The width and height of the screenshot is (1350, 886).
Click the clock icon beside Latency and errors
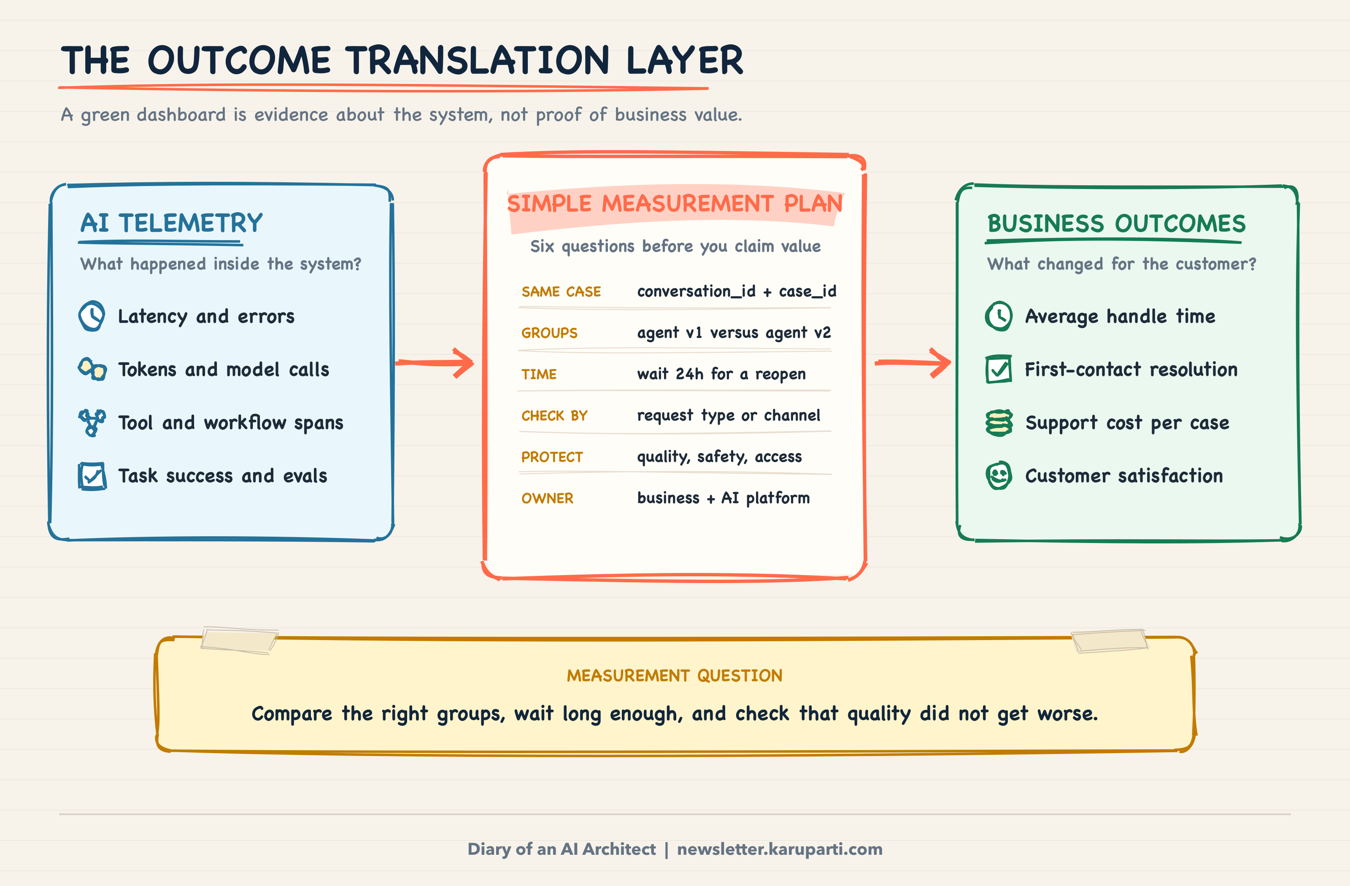[91, 316]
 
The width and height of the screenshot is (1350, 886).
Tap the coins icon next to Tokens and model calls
[92, 369]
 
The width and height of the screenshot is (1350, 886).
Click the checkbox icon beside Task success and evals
[92, 476]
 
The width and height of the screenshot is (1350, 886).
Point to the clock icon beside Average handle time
[999, 316]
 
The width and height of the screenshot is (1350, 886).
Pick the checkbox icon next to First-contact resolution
[999, 369]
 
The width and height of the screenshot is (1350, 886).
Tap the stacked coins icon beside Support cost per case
[999, 423]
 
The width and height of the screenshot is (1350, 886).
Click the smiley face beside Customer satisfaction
[999, 475]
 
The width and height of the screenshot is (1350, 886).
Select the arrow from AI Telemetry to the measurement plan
[435, 362]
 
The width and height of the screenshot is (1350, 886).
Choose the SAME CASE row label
[561, 292]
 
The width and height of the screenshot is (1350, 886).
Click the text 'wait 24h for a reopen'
[721, 374]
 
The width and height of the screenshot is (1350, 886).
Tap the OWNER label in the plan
[547, 499]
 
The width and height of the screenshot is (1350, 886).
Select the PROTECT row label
[552, 457]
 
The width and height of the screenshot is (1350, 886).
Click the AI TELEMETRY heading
[171, 223]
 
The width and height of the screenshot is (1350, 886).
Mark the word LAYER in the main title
[685, 60]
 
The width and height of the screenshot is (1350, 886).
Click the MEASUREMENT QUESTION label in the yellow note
[675, 675]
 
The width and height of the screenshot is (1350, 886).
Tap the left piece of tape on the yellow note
[239, 640]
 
